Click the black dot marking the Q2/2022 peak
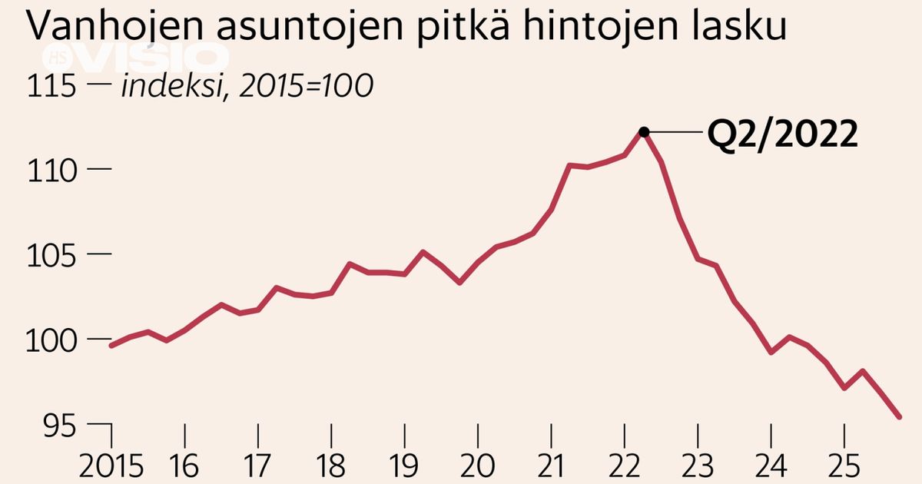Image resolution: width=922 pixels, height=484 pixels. [x=644, y=132]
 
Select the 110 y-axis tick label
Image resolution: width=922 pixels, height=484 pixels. [x=52, y=169]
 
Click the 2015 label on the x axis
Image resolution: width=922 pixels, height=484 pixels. [x=113, y=466]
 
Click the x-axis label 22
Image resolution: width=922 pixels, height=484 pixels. [x=625, y=466]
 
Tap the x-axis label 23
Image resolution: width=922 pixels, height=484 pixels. [x=698, y=466]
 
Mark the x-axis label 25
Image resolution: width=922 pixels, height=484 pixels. [x=844, y=466]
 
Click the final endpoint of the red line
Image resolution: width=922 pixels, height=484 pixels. [x=899, y=416]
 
